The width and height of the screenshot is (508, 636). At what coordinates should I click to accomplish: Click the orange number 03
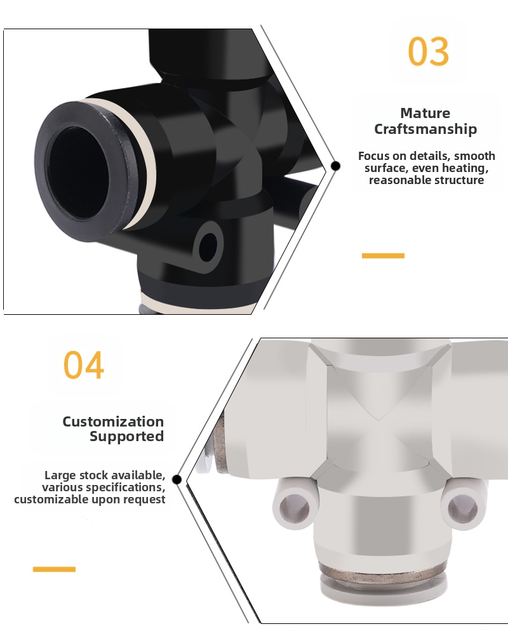[429, 51]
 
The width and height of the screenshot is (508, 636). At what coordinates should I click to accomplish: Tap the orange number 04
[84, 365]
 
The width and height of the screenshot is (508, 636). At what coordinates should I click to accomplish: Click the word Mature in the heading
[425, 113]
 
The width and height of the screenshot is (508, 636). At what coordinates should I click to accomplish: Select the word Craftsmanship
[425, 129]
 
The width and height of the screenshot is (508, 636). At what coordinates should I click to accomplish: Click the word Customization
[113, 421]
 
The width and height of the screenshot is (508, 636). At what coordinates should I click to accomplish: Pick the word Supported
[126, 437]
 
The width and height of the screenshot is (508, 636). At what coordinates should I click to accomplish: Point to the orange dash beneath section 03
[383, 256]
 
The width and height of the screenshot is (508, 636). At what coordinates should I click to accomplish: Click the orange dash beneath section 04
[55, 569]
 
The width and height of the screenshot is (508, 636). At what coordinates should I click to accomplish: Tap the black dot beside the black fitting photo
[335, 166]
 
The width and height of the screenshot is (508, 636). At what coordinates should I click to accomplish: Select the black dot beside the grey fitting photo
[177, 479]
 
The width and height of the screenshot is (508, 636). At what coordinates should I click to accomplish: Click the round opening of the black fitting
[77, 173]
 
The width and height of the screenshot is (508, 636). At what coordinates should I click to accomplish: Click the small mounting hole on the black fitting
[208, 247]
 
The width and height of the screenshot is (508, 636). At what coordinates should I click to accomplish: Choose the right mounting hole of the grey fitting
[462, 505]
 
